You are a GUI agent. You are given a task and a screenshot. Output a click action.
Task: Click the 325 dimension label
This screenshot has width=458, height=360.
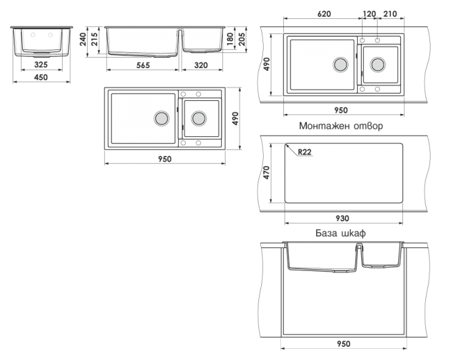41,65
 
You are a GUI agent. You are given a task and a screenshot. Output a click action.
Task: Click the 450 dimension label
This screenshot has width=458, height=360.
41,77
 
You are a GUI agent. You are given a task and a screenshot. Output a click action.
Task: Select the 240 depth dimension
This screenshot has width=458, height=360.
83,39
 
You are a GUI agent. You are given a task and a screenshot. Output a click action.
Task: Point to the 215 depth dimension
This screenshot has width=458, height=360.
94,39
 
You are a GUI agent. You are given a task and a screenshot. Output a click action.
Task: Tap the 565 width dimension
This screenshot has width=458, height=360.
143,65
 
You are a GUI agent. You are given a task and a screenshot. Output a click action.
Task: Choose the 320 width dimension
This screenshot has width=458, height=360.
201,65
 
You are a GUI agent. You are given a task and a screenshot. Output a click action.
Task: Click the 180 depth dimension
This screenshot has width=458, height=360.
230,39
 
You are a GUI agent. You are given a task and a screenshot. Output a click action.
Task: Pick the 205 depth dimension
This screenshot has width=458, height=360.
242,39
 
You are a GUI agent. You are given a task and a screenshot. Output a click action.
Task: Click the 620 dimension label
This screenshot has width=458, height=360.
324,14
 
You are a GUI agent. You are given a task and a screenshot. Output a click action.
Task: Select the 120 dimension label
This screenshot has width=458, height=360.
369,14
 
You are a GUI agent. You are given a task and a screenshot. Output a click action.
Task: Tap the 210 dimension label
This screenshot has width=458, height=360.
390,14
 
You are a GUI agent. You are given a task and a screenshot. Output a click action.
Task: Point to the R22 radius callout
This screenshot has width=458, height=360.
305,152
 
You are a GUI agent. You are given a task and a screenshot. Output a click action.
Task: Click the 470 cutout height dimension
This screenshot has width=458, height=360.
266,172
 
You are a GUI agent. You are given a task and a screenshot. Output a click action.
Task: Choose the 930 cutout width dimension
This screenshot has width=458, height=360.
342,218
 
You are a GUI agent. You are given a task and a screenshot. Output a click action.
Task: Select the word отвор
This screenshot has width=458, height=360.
368,126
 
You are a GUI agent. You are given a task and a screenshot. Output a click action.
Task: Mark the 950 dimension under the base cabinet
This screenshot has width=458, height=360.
343,344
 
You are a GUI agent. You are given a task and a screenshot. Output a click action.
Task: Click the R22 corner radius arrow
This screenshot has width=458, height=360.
292,150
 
